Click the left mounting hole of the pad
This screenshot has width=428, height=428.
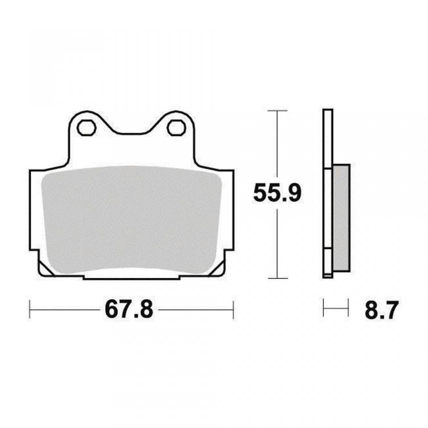coord(86,128)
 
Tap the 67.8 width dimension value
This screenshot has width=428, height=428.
coord(129,309)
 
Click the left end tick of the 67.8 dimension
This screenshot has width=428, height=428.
coord(29,309)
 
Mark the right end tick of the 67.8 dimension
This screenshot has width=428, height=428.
coord(233,309)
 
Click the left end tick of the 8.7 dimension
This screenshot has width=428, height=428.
coord(324,309)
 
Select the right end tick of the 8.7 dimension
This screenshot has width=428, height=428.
coord(348,309)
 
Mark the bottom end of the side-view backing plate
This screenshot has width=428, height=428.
coord(327,276)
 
